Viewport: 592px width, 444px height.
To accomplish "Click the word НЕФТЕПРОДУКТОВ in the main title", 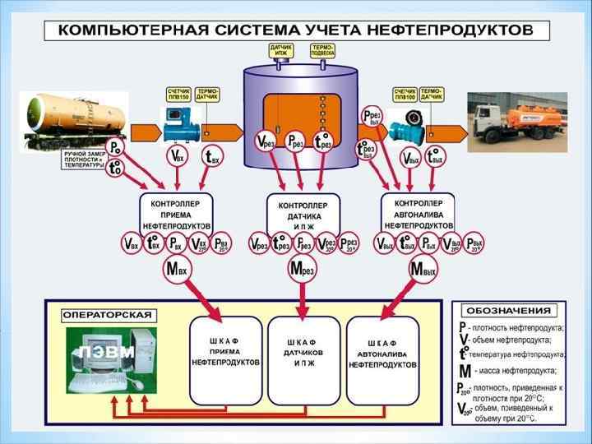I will click(x=455, y=30).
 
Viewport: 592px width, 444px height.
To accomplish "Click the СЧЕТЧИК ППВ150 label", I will click(x=178, y=93).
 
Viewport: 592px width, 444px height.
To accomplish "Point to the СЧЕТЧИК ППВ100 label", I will click(x=405, y=94).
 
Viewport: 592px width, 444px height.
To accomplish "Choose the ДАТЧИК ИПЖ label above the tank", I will click(x=280, y=51).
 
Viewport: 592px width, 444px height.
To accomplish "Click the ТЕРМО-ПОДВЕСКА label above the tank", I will click(x=321, y=51).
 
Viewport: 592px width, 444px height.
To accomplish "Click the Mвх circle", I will click(x=177, y=269).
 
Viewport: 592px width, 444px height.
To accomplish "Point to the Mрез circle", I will click(x=302, y=269).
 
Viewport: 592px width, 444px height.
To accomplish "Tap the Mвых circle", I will click(x=423, y=269).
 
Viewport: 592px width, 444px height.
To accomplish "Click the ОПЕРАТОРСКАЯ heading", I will click(x=107, y=315).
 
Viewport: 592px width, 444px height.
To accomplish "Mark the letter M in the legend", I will click(x=465, y=371).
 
